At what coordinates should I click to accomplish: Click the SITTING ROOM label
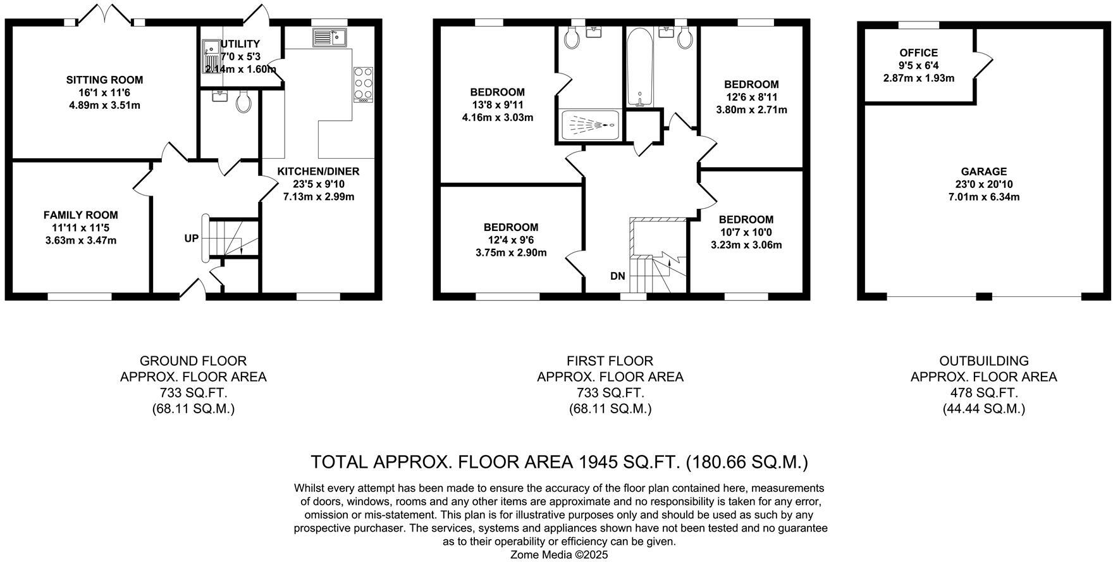click(104, 80)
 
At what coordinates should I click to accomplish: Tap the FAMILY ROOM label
click(80, 215)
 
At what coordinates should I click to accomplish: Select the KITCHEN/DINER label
click(318, 172)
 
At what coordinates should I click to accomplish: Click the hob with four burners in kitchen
click(363, 85)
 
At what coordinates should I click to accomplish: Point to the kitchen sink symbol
click(329, 37)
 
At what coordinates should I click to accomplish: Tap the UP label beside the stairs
click(191, 239)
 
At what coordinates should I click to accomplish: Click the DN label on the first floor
click(617, 276)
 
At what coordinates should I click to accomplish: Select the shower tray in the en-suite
click(590, 125)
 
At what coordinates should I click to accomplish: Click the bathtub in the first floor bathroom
click(641, 68)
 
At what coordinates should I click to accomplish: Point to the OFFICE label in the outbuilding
click(918, 53)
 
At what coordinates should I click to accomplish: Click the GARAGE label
click(983, 172)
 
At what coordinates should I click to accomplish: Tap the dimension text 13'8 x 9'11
click(498, 104)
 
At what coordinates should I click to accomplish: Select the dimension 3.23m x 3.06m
click(746, 245)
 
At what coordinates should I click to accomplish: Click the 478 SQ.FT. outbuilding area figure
click(983, 393)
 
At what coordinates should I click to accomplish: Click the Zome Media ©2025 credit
click(559, 554)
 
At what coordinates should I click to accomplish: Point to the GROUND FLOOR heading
click(193, 361)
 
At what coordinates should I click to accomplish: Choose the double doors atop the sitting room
click(105, 14)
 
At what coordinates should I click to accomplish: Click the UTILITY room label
click(240, 44)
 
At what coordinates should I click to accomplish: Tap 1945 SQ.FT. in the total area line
click(629, 462)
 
